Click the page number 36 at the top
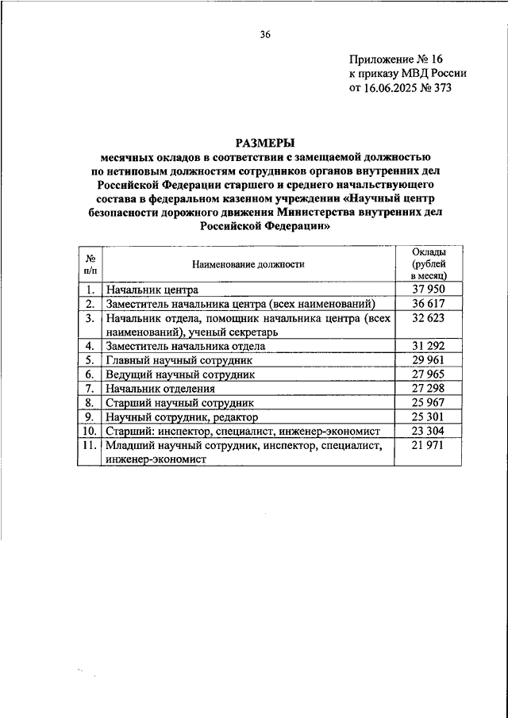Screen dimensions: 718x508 pyautogui.click(x=265, y=34)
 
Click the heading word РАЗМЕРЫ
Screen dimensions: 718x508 pyautogui.click(x=265, y=143)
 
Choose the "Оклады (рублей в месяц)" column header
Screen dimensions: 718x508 pyautogui.click(x=429, y=264)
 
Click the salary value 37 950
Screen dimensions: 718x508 pyautogui.click(x=429, y=290)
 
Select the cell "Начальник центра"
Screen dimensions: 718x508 pyautogui.click(x=152, y=290)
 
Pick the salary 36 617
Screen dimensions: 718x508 pyautogui.click(x=429, y=304)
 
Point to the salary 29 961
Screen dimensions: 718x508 pyautogui.click(x=429, y=360)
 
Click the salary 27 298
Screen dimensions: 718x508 pyautogui.click(x=429, y=388)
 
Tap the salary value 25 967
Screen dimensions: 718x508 pyautogui.click(x=429, y=402)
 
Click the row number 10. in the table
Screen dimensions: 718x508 pyautogui.click(x=90, y=431)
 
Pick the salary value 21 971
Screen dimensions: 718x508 pyautogui.click(x=429, y=446)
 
